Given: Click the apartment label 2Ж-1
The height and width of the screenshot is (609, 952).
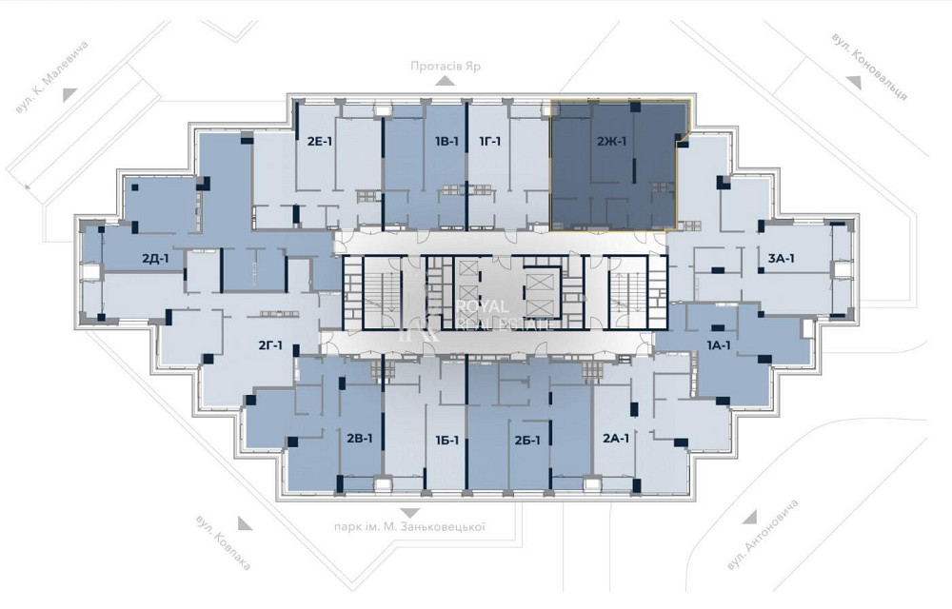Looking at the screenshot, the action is click(x=611, y=143).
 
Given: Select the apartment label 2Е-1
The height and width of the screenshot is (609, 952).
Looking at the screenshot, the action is click(x=319, y=143).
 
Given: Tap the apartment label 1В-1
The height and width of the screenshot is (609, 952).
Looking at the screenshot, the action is click(x=446, y=142).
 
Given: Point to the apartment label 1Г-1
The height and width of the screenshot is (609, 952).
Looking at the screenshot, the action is click(x=490, y=142).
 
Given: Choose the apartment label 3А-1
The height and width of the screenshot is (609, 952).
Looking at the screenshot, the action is click(x=782, y=259).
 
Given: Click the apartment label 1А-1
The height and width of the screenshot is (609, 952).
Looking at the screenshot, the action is click(x=719, y=345).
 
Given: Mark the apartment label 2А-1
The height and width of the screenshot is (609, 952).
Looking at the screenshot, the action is click(x=616, y=439).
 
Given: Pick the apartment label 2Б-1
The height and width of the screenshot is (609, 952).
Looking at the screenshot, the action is click(x=527, y=441).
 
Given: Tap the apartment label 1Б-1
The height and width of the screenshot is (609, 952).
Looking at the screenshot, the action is click(x=446, y=441).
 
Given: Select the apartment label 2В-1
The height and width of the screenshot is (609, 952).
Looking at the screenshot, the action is click(x=360, y=438).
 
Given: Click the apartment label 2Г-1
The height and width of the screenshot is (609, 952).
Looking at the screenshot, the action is click(x=270, y=345).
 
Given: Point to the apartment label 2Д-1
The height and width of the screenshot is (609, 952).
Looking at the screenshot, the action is click(x=155, y=259).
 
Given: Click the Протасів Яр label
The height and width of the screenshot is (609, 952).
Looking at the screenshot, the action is click(x=445, y=66).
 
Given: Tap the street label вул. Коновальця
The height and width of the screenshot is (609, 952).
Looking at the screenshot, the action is click(x=870, y=66).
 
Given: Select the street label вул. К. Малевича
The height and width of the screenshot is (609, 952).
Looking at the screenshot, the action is click(x=51, y=77).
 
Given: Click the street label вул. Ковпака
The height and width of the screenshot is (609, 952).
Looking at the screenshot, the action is click(x=223, y=542).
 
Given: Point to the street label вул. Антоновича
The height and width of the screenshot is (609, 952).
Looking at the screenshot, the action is click(x=762, y=535).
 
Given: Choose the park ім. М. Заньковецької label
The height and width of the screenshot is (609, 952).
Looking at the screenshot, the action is click(x=409, y=527).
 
